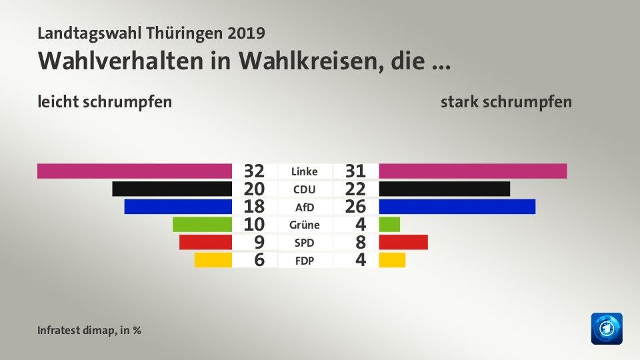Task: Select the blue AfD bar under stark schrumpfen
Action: tap(457, 206)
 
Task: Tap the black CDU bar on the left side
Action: tap(172, 189)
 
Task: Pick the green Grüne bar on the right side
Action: tap(389, 224)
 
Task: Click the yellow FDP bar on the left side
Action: tap(213, 259)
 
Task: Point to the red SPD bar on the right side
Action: tap(403, 241)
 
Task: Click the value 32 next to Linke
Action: tap(255, 171)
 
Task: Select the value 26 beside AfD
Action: tap(355, 207)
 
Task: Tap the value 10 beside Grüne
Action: tap(255, 225)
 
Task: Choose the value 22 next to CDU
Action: tap(355, 189)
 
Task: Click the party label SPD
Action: tap(304, 243)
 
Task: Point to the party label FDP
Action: tap(304, 261)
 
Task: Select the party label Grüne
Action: tap(304, 225)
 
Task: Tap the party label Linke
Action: tap(304, 171)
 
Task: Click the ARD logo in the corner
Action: tap(606, 329)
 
